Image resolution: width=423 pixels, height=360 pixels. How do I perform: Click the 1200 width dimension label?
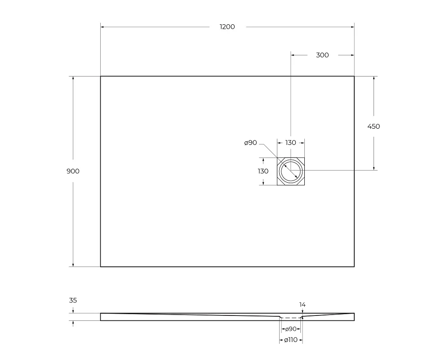pos(227,27)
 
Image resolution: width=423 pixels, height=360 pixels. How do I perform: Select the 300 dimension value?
pos(322,55)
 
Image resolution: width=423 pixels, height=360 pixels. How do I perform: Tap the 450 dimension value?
pos(374,126)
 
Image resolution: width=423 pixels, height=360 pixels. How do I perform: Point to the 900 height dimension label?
pos(73,171)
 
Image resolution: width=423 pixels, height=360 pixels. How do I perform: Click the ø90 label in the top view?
pos(250,143)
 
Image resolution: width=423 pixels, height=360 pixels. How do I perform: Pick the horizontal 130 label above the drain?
pos(290,143)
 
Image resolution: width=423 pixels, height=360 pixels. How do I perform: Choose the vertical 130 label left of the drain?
pos(263,171)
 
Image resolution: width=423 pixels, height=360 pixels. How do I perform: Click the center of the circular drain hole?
pos(291,171)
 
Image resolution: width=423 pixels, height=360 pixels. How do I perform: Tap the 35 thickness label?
pos(73,300)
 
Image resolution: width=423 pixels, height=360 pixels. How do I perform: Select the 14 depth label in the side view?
pos(303,305)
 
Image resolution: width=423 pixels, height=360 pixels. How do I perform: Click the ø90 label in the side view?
pos(290,329)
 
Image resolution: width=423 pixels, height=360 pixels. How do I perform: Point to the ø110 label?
pos(291,340)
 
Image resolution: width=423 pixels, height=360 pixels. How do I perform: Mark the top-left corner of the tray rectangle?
pos(100,76)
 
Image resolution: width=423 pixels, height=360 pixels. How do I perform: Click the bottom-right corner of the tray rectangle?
pos(354,266)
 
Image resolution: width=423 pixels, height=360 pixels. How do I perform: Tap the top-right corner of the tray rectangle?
pos(354,76)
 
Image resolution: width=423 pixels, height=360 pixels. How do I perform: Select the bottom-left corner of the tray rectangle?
pos(100,266)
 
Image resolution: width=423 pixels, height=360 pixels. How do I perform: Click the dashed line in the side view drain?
pos(290,318)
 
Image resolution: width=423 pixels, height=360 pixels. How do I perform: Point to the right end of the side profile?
pos(354,317)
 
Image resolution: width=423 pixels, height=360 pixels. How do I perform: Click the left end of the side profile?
pos(101,317)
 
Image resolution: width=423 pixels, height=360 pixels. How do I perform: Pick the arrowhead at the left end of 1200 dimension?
pos(102,27)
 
